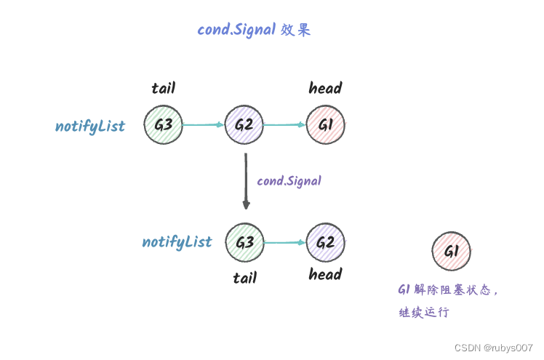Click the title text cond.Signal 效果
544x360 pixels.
click(254, 30)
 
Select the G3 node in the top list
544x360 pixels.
click(163, 125)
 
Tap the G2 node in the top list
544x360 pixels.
click(244, 125)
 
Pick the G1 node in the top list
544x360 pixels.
click(325, 125)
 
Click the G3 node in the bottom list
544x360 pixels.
click(244, 242)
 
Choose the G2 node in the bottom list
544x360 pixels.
click(325, 242)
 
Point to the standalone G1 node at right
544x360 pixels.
click(451, 252)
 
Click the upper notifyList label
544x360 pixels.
click(90, 127)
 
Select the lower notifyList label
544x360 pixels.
click(177, 242)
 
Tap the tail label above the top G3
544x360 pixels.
click(163, 89)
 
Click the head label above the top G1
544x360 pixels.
click(325, 89)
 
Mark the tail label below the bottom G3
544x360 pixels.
click(244, 278)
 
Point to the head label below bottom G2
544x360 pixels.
click(325, 274)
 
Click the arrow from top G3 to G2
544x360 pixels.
click(204, 124)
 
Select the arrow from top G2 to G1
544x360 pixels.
click(284, 124)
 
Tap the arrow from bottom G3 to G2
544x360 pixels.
click(284, 242)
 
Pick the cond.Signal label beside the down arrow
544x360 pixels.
click(289, 180)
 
